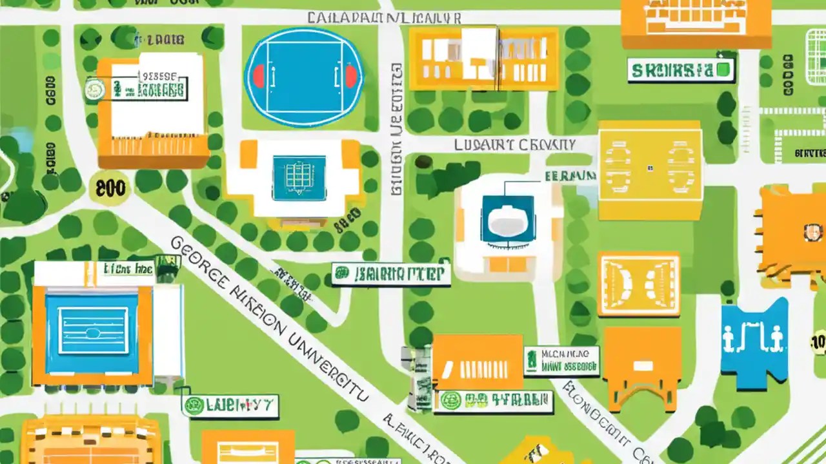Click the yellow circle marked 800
[109, 188]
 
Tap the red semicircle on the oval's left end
[258, 77]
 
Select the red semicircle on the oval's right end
[350, 77]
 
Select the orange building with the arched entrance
[643, 367]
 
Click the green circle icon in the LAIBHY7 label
[192, 405]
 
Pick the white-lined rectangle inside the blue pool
[94, 330]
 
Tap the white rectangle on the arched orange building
[642, 365]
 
